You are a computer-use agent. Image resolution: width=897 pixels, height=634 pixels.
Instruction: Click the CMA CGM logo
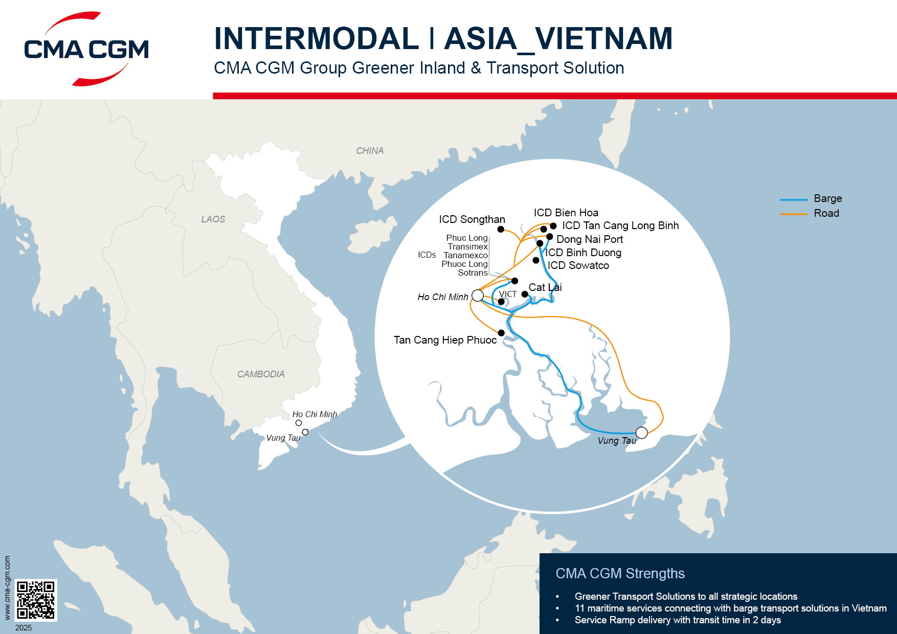pyautogui.click(x=86, y=49)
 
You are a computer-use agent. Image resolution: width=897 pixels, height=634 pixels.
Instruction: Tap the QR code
pyautogui.click(x=35, y=600)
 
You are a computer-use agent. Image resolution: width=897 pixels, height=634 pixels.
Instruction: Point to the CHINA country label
pyautogui.click(x=369, y=151)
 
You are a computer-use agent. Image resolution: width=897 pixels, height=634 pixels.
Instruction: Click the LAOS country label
pyautogui.click(x=213, y=219)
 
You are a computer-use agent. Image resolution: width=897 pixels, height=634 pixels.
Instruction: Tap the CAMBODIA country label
pyautogui.click(x=261, y=374)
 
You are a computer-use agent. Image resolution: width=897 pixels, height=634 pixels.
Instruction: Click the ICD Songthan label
pyautogui.click(x=472, y=219)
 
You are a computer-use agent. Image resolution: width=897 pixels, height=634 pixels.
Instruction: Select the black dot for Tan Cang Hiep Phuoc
pyautogui.click(x=501, y=333)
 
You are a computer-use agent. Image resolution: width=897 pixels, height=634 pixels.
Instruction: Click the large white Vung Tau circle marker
pyautogui.click(x=641, y=433)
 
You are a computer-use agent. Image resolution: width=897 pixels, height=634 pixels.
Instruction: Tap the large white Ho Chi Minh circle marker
pyautogui.click(x=478, y=295)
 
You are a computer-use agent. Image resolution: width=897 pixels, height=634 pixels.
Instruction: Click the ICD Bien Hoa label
pyautogui.click(x=566, y=213)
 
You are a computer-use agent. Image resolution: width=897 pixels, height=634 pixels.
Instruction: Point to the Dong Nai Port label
pyautogui.click(x=589, y=239)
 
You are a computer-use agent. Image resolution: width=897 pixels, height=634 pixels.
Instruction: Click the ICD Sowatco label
pyautogui.click(x=578, y=265)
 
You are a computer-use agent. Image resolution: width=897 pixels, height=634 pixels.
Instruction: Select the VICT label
pyautogui.click(x=508, y=294)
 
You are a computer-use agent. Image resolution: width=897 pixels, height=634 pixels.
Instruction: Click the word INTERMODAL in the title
pyautogui.click(x=316, y=38)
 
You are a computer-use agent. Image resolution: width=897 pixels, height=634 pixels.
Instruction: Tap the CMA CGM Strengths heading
pyautogui.click(x=620, y=574)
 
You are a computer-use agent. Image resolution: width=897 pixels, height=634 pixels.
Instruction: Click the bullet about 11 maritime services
pyautogui.click(x=730, y=608)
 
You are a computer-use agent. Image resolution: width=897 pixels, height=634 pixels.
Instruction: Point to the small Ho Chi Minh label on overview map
pyautogui.click(x=315, y=414)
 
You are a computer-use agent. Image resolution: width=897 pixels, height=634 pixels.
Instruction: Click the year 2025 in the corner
pyautogui.click(x=24, y=627)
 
